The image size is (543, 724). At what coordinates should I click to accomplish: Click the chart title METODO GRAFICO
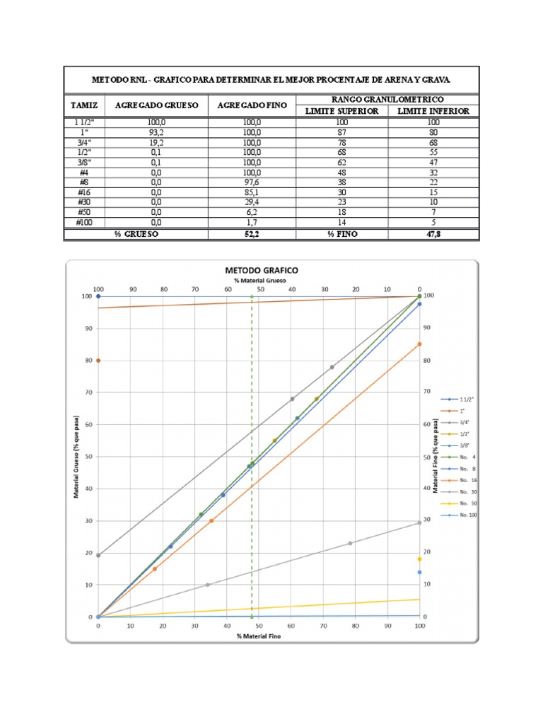coord(261,270)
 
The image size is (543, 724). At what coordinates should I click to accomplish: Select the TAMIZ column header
coord(83,105)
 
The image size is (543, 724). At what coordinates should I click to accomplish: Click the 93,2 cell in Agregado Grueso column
coord(156,132)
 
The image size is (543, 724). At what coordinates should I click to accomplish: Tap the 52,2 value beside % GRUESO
coord(252,233)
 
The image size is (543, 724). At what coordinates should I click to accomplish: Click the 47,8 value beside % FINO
coord(433,233)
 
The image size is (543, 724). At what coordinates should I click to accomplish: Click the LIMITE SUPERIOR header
coord(342,111)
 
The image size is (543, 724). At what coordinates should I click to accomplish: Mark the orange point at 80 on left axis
coord(98,361)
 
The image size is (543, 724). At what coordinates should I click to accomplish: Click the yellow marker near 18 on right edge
coord(419,559)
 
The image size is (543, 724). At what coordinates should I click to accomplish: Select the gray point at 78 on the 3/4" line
coord(332,367)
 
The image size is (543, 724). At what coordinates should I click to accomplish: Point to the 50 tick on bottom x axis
coord(259,626)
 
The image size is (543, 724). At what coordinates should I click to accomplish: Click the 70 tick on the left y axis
coord(88,392)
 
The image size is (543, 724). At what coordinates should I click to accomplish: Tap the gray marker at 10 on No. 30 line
coord(207,585)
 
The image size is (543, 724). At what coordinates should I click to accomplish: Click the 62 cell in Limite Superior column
coord(342,161)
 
